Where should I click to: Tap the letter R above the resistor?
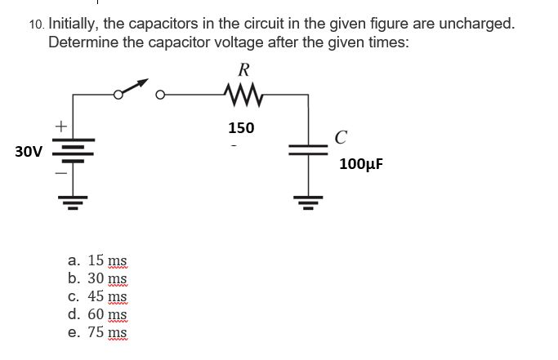tap(241, 69)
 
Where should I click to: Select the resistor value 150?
tap(241, 127)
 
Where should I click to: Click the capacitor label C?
tap(341, 137)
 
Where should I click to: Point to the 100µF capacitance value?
tap(360, 164)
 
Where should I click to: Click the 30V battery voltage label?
tap(29, 151)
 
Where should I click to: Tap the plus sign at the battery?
tap(59, 127)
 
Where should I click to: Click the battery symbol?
tap(72, 151)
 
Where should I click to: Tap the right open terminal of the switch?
tap(161, 96)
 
